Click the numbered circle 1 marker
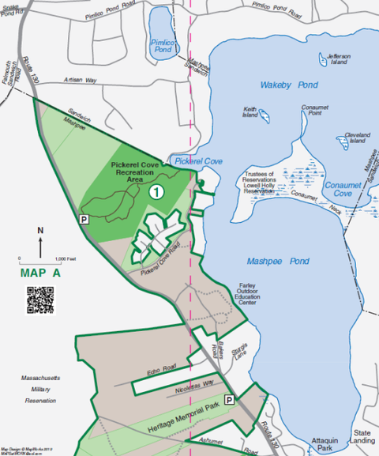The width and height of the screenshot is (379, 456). click(157, 191)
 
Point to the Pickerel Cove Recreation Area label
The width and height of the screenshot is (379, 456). click(133, 173)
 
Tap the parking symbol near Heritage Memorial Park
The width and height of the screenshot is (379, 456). click(229, 400)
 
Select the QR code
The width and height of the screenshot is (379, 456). click(40, 300)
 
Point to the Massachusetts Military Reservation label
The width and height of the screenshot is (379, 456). click(40, 390)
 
